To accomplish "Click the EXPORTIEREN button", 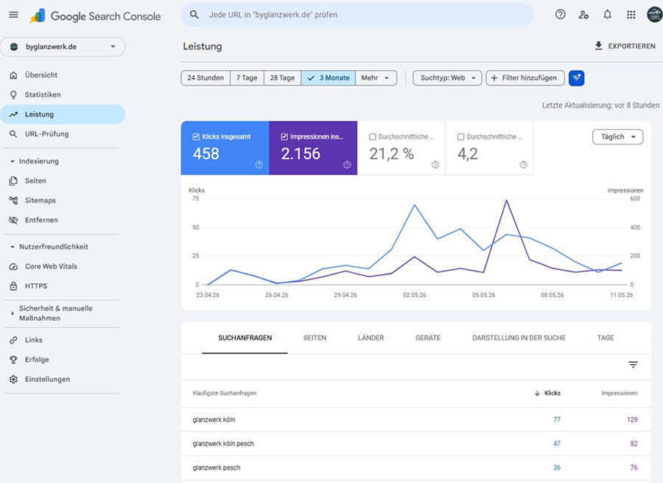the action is click(x=625, y=46).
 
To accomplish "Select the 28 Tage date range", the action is click(x=282, y=78).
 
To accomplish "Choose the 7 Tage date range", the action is click(x=247, y=78).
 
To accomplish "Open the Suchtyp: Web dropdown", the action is click(x=447, y=78).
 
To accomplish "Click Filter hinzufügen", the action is click(x=525, y=78).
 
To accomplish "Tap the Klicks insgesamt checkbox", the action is click(x=196, y=136).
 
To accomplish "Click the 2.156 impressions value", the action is click(x=301, y=153).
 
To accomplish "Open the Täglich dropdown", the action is click(x=618, y=136).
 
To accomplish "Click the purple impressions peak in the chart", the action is click(x=506, y=201).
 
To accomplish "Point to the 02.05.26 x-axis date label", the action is click(x=414, y=295).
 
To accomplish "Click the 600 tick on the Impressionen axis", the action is click(x=635, y=198).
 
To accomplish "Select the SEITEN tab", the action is click(x=315, y=338).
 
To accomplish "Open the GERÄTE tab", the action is click(x=428, y=338).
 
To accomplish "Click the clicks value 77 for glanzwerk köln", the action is click(x=557, y=420).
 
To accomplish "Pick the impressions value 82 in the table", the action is click(x=634, y=444).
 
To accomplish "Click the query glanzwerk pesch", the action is click(x=217, y=468).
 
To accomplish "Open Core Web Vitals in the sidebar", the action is click(x=51, y=266).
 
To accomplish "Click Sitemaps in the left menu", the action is click(x=41, y=201).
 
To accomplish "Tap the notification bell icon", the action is click(x=607, y=15).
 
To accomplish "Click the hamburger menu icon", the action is click(x=13, y=15).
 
